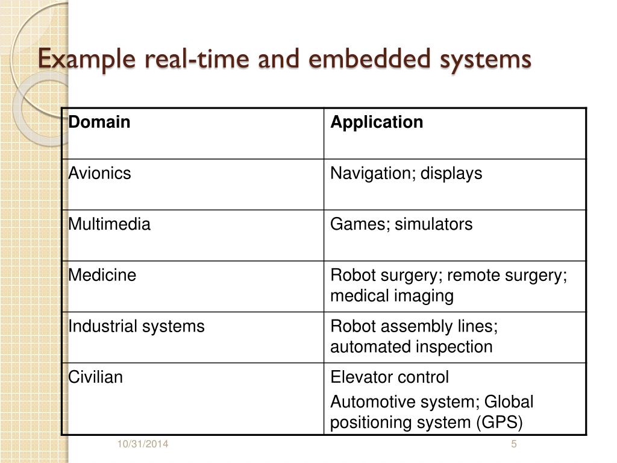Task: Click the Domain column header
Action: [x=99, y=122]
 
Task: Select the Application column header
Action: [x=377, y=122]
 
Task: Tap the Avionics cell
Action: [x=99, y=174]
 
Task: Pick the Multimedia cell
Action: [x=109, y=224]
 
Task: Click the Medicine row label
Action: [x=102, y=276]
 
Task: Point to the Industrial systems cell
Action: [x=136, y=327]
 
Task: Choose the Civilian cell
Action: [x=95, y=377]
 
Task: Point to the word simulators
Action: [x=434, y=224]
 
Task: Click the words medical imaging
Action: [x=392, y=296]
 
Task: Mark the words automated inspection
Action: [x=412, y=347]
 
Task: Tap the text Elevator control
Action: [x=390, y=377]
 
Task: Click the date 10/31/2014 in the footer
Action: [x=143, y=445]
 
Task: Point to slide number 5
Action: [x=514, y=445]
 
